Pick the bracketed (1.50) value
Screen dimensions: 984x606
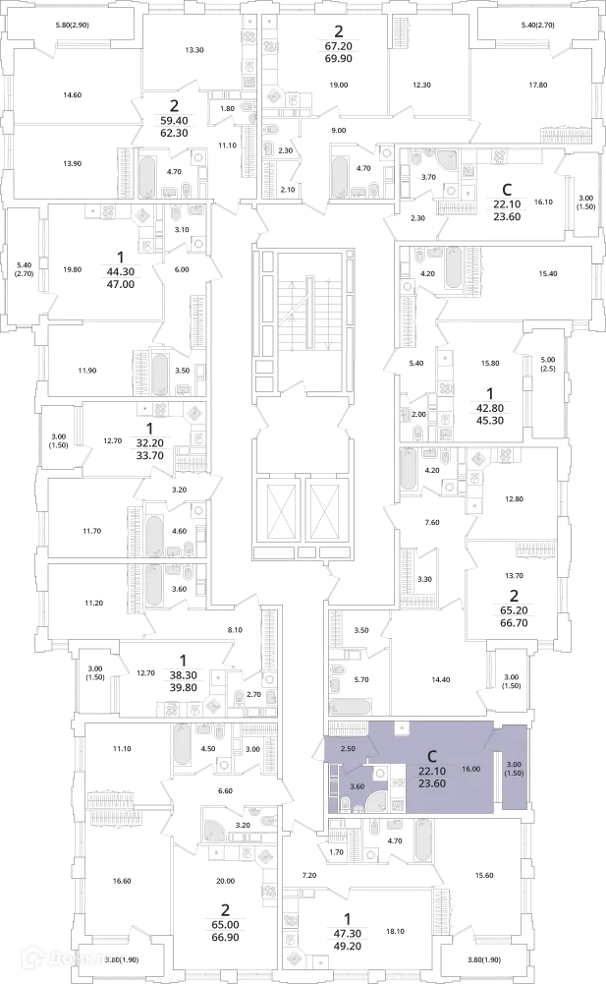point(513,775)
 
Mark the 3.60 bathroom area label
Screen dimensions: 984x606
point(357,785)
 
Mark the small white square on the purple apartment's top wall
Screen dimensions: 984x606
point(401,727)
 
